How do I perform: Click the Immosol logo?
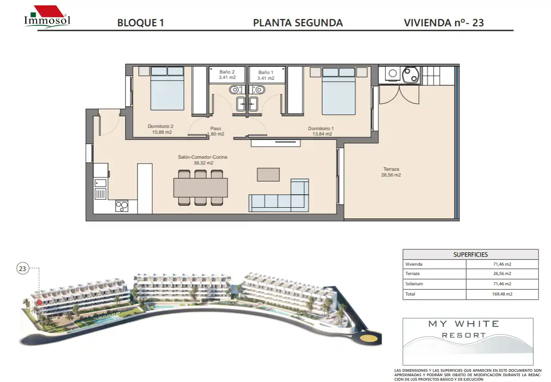pos(47,17)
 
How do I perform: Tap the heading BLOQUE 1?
pos(140,23)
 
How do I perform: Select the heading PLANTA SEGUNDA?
pos(298,23)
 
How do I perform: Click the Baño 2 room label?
pos(227,74)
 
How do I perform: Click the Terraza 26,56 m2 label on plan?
pos(391,172)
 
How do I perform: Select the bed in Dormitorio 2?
pos(167,88)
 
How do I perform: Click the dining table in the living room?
pos(200,188)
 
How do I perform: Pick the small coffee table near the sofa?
pos(268,175)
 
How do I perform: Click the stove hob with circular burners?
pos(122,206)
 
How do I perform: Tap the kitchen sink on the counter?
pos(100,183)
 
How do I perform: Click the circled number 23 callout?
pos(22,268)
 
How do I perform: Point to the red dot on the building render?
pos(39,302)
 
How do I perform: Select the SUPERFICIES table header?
pos(470,255)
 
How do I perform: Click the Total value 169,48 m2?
pos(502,294)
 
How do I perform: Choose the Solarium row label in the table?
pos(414,283)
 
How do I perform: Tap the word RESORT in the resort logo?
pos(464,335)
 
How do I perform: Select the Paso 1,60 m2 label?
pos(216,131)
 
